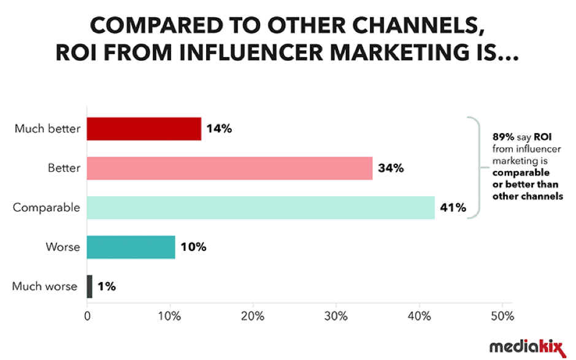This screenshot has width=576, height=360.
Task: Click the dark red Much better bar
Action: (x=144, y=129)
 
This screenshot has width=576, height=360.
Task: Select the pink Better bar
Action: (x=229, y=168)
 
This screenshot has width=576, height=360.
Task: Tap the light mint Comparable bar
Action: (x=261, y=207)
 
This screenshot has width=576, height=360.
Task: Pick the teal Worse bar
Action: (x=131, y=247)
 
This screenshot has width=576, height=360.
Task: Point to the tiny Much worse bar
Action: (x=90, y=286)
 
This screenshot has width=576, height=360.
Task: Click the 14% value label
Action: (x=220, y=129)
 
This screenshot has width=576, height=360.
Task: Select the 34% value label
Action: (x=391, y=168)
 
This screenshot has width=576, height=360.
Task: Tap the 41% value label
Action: (x=453, y=208)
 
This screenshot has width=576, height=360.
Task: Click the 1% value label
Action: (x=107, y=286)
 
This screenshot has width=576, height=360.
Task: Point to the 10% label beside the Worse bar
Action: (x=193, y=247)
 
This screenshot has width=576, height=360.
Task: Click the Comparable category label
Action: (x=47, y=208)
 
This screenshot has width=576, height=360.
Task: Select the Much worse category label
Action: (x=45, y=286)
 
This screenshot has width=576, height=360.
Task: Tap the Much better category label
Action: (x=48, y=129)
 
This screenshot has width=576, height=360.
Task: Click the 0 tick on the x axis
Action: (x=87, y=316)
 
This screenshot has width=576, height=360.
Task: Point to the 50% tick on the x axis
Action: (x=502, y=316)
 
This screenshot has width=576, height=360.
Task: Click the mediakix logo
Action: (x=526, y=347)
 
